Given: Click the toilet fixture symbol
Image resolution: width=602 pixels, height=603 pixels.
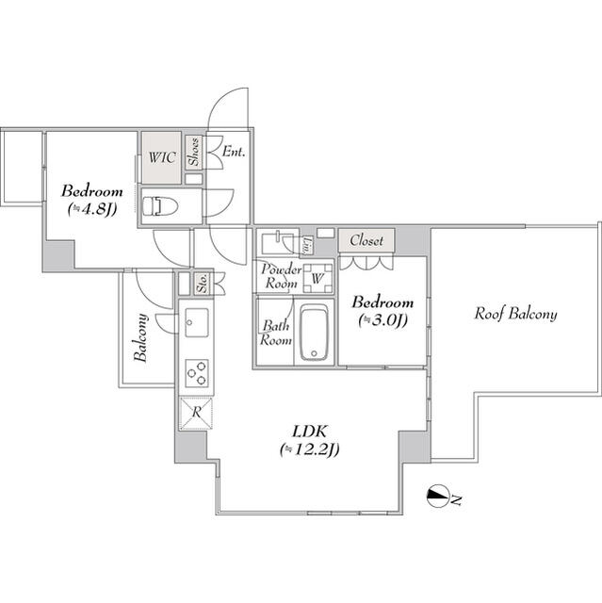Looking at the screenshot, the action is [160, 206].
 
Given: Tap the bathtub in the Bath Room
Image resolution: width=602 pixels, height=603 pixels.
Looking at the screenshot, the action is [315, 333].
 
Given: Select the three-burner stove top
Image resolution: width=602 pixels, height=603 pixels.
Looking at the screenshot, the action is [197, 373].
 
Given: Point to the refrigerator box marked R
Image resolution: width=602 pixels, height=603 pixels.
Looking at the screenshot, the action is [196, 414].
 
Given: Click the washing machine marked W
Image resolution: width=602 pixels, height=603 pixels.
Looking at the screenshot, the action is [317, 279].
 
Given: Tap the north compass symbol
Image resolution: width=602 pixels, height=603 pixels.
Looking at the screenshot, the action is [438, 497].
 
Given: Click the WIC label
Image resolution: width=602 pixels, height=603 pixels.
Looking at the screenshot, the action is [162, 157].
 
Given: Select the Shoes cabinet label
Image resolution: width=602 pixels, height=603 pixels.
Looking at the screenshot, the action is [194, 152].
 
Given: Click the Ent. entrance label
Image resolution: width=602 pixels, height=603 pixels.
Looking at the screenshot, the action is [234, 152].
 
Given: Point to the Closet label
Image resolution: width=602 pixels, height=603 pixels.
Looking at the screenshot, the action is [366, 240].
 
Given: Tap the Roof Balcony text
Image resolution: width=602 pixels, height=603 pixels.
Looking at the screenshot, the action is [515, 314].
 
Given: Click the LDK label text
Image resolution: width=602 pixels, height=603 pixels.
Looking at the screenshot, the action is [309, 432].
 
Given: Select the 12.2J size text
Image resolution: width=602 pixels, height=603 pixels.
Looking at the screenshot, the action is [309, 449].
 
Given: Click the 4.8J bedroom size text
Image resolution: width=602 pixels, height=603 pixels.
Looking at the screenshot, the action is [92, 209].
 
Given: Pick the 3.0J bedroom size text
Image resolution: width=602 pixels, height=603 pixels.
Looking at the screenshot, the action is [382, 320].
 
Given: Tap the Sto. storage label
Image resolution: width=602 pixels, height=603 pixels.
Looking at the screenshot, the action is [203, 284].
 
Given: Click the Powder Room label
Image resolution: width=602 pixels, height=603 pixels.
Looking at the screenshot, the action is [282, 276].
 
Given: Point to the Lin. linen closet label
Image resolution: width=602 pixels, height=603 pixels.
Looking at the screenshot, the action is [307, 245].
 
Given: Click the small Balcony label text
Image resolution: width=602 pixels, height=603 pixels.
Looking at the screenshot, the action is [141, 338].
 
